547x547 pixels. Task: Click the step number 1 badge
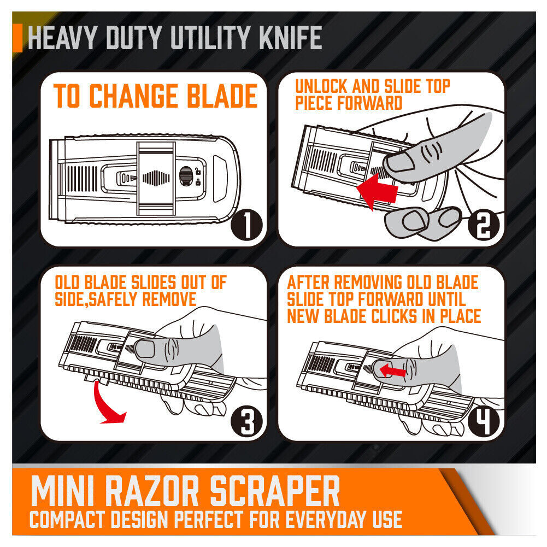(246, 226)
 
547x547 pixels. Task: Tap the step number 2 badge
(483, 226)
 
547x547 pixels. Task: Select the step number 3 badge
(246, 421)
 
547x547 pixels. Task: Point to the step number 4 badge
(483, 421)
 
